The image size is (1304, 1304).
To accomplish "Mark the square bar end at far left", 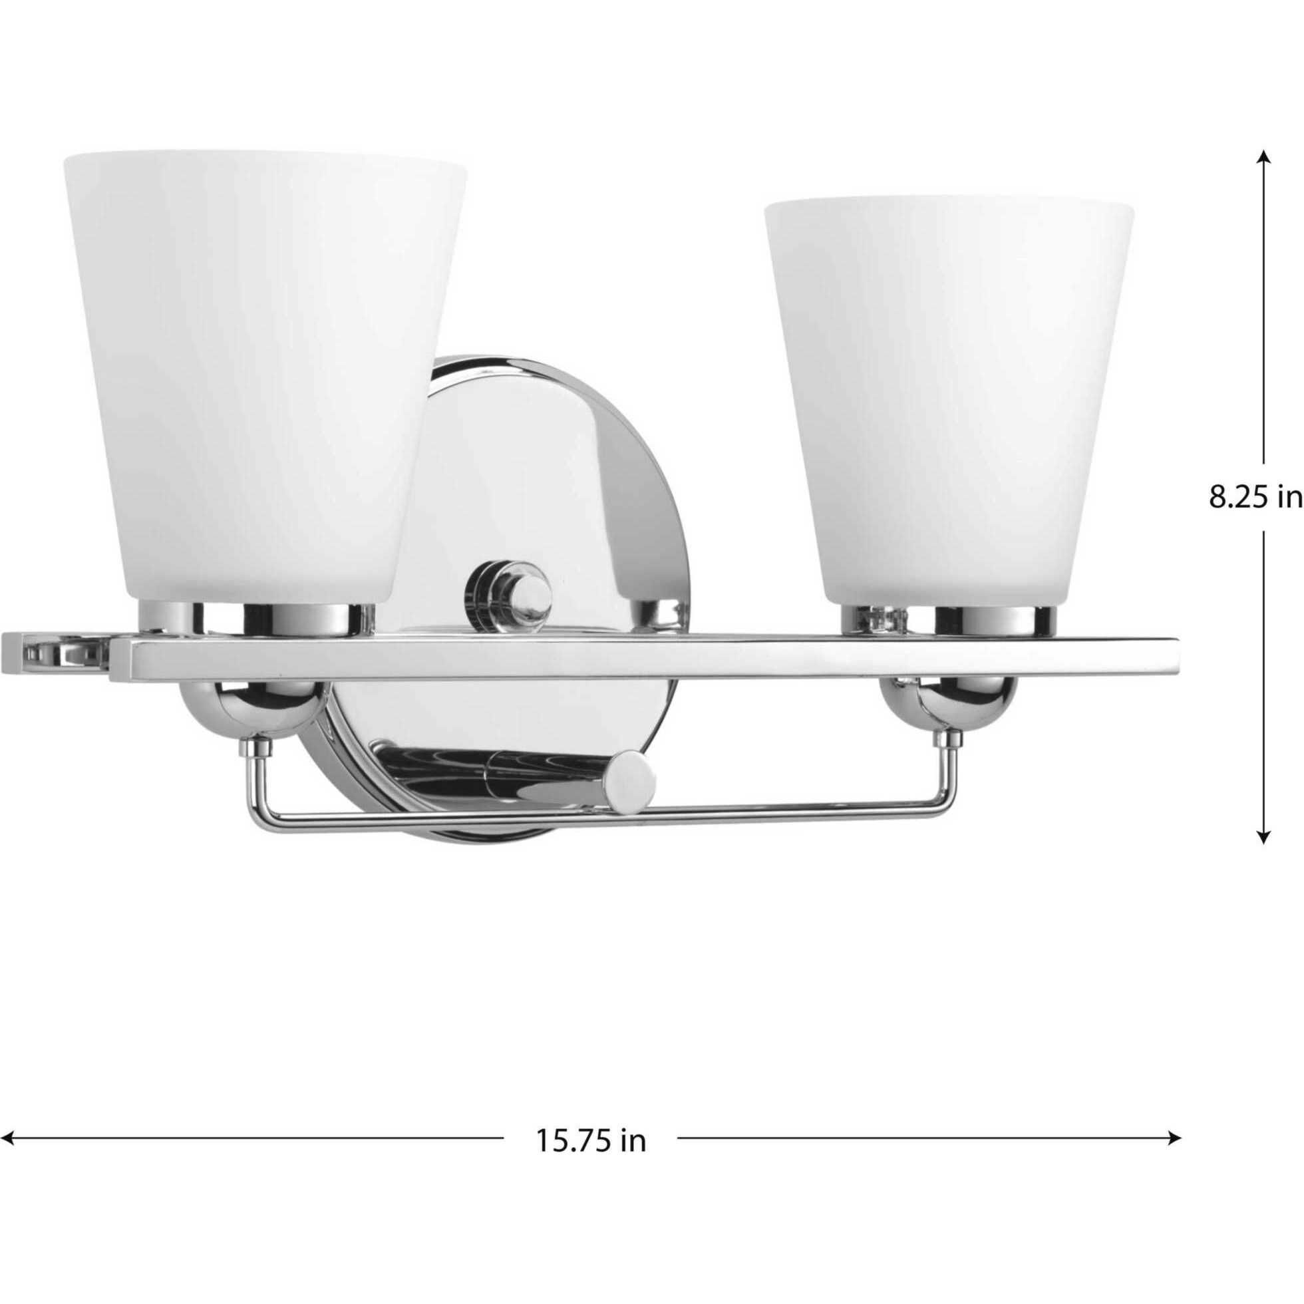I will [54, 656].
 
